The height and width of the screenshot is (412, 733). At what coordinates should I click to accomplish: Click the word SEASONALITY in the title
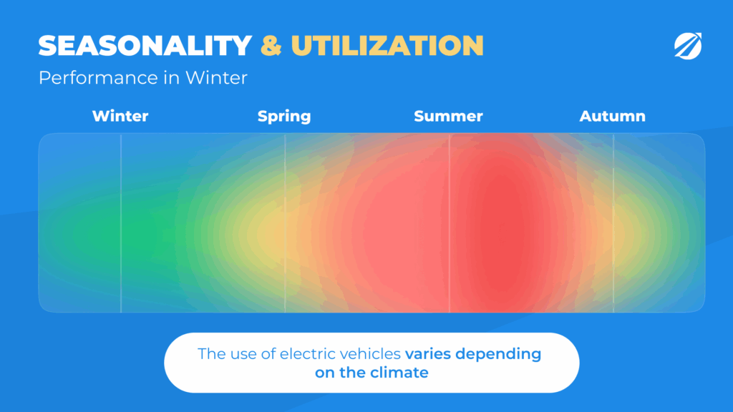point(145,46)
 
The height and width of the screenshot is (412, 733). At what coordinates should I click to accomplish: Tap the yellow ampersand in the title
point(271,46)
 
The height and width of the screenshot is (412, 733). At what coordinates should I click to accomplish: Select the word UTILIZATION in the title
point(387,46)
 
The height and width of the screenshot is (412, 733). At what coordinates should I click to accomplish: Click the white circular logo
point(688,46)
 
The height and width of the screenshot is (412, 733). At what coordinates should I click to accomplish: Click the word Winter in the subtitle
point(216,77)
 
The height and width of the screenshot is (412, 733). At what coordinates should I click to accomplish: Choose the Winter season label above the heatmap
point(120,116)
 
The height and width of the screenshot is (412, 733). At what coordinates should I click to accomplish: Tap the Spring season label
point(284,117)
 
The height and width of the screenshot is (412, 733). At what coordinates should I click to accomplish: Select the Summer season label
point(448,116)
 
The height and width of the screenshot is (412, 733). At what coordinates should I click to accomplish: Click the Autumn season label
point(613,116)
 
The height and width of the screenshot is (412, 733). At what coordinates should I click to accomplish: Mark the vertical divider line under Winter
point(121,223)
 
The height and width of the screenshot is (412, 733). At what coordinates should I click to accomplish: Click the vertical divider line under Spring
point(285,223)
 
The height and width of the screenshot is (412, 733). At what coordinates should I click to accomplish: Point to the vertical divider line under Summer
point(450,223)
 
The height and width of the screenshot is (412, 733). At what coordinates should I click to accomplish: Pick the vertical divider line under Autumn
point(613,223)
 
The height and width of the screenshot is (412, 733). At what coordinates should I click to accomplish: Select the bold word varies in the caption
point(428,353)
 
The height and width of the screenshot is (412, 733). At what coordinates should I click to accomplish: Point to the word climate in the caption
point(399,372)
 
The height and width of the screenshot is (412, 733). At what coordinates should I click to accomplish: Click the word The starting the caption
point(212,353)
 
